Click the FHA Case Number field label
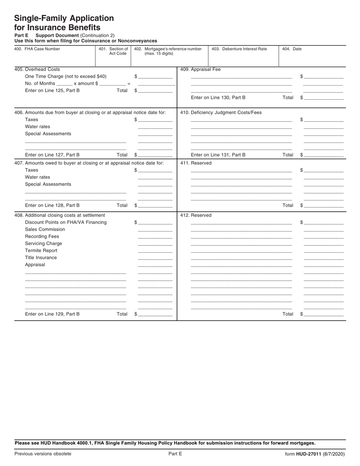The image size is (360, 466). click(37, 49)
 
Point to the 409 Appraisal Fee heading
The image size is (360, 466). click(200, 69)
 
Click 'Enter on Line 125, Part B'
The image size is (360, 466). click(52, 91)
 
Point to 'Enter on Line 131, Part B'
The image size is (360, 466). click(218, 155)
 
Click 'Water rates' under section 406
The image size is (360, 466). click(38, 127)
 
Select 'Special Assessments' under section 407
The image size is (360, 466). click(48, 184)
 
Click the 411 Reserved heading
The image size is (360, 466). click(196, 163)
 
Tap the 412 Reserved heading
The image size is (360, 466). click(196, 215)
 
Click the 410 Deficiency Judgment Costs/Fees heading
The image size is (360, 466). click(221, 113)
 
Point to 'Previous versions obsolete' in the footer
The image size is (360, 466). click(43, 454)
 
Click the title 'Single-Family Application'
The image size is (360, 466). click(64, 18)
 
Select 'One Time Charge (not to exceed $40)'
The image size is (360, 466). click(66, 77)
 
